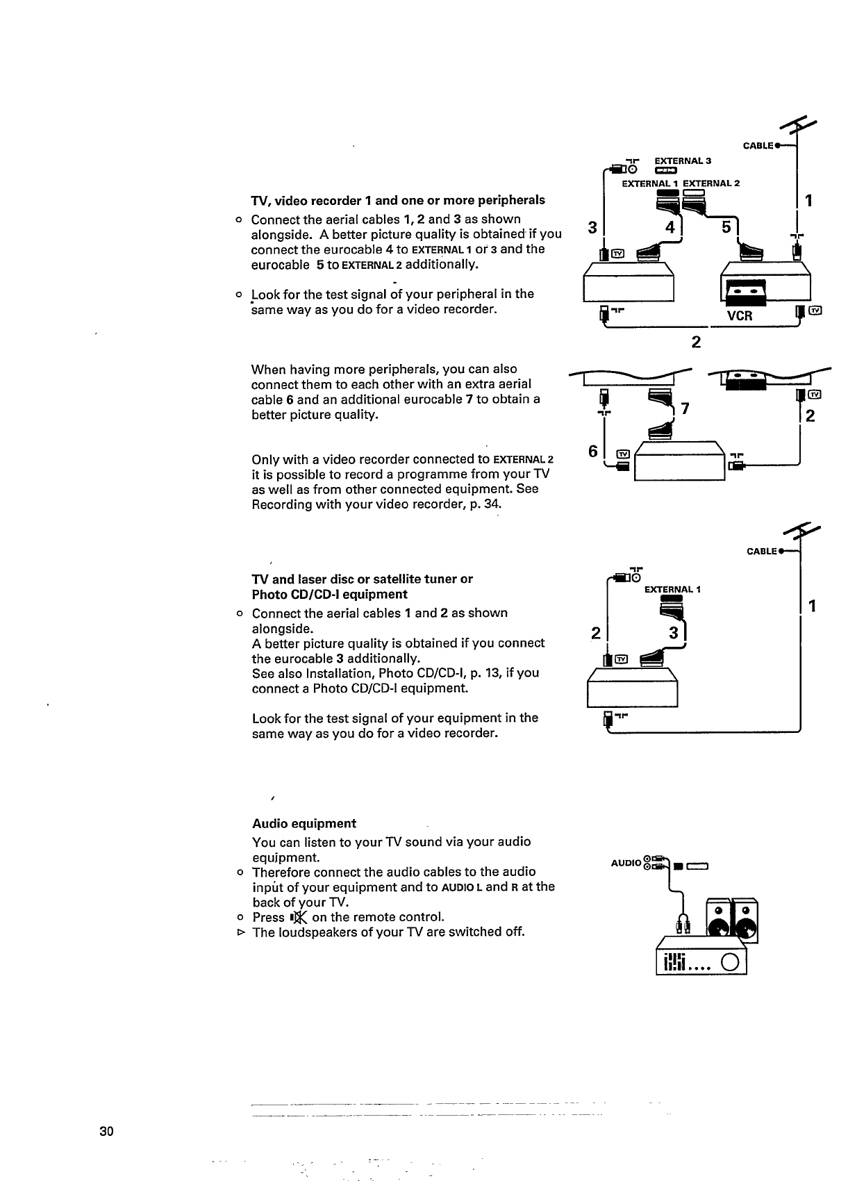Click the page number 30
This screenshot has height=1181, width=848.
click(106, 1131)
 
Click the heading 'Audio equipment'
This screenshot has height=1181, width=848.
click(304, 824)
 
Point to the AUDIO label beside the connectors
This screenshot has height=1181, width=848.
click(626, 863)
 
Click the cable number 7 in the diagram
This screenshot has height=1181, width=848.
click(685, 409)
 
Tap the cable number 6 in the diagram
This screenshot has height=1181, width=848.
click(592, 451)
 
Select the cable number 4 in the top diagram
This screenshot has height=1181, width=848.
click(670, 227)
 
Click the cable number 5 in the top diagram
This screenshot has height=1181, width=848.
click(726, 227)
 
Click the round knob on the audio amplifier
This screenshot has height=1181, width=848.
click(730, 963)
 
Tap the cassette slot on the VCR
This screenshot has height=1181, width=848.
click(745, 291)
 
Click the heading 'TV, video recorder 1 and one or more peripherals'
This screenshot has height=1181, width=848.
click(398, 201)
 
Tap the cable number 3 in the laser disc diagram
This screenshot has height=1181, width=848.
click(672, 633)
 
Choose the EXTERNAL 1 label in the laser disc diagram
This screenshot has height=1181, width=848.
click(672, 590)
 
